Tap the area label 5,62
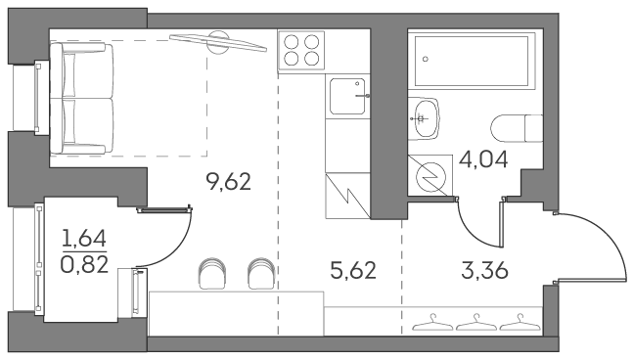tap(353, 269)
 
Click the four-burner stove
tap(301, 50)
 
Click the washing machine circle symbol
tap(430, 177)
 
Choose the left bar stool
tap(211, 274)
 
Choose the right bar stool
tap(260, 274)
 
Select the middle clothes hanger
tap(476, 319)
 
